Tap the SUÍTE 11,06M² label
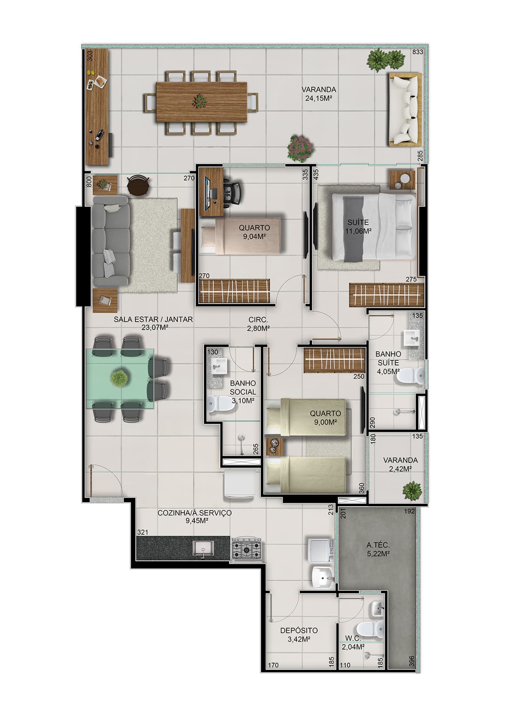(358, 226)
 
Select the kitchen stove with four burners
(247, 548)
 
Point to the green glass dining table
(120, 378)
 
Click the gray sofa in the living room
(110, 245)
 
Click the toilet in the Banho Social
(221, 404)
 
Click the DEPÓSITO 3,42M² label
(299, 635)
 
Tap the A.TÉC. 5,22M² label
(378, 549)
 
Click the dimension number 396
(411, 659)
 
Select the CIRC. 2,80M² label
(258, 324)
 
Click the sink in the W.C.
(377, 608)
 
